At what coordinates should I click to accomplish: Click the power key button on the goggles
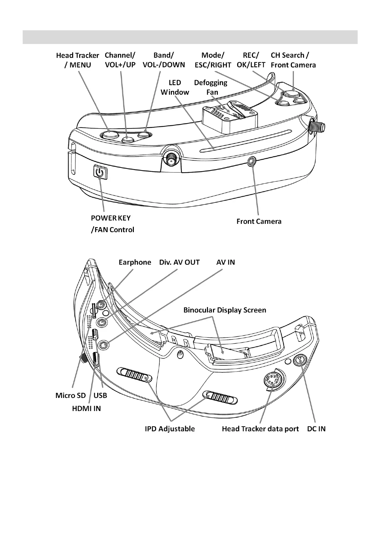click(x=100, y=173)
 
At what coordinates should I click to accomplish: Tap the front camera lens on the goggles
click(x=252, y=161)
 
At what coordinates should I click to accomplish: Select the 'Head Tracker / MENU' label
click(x=78, y=60)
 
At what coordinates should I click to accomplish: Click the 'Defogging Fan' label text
click(x=211, y=87)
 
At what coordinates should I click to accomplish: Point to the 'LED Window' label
click(x=175, y=87)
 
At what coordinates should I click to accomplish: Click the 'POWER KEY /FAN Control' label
click(x=112, y=224)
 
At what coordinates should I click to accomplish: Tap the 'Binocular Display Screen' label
click(x=224, y=310)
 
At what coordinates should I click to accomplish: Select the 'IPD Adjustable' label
click(x=170, y=429)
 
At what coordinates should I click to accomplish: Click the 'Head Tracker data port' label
click(x=260, y=429)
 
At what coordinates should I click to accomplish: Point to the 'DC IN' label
click(x=316, y=429)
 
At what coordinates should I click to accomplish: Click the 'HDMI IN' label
click(x=86, y=408)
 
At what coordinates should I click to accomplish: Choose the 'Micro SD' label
click(x=71, y=395)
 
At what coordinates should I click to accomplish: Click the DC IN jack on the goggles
click(x=300, y=360)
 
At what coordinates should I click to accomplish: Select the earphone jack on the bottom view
click(x=102, y=304)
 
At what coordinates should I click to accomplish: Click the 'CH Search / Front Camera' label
click(x=293, y=60)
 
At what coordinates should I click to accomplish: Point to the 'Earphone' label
click(x=135, y=262)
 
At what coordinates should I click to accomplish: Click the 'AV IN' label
click(x=225, y=262)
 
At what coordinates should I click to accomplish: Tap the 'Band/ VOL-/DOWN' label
click(x=164, y=60)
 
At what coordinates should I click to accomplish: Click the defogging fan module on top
click(x=227, y=116)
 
